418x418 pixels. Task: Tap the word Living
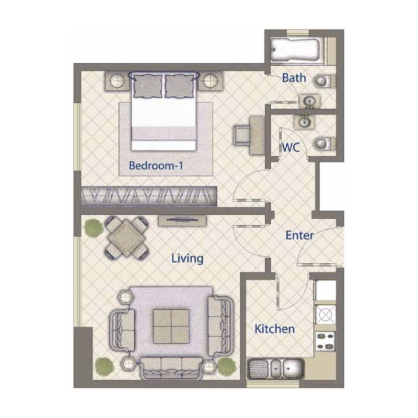(188, 258)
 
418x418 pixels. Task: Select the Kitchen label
(274, 329)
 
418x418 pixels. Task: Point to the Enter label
(299, 236)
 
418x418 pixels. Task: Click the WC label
(291, 147)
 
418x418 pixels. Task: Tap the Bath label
(294, 78)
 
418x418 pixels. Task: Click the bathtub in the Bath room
(296, 49)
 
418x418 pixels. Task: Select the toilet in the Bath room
(323, 81)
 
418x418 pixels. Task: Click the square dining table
(126, 238)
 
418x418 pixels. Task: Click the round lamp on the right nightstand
(210, 81)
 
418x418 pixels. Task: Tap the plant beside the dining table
(93, 228)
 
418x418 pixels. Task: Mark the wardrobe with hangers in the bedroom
(149, 196)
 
